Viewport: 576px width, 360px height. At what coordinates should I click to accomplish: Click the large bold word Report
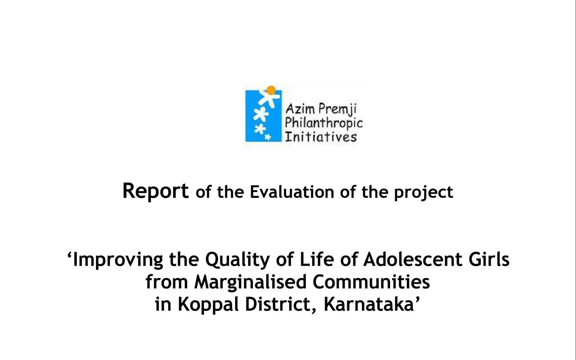(156, 192)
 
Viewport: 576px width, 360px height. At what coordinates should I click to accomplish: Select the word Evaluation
(292, 192)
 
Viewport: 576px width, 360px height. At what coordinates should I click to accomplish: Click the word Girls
(489, 259)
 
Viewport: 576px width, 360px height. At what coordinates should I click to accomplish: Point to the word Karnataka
(368, 304)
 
